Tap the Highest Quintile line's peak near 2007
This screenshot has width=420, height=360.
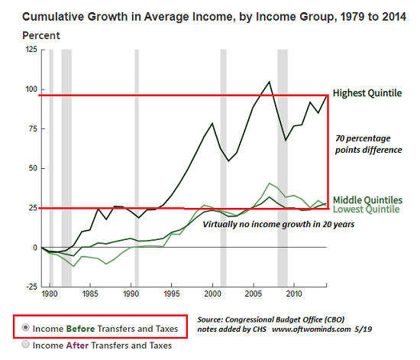pyautogui.click(x=270, y=81)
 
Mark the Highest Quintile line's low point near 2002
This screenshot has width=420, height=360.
pyautogui.click(x=228, y=161)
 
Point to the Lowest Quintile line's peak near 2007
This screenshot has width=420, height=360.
pyautogui.click(x=270, y=183)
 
